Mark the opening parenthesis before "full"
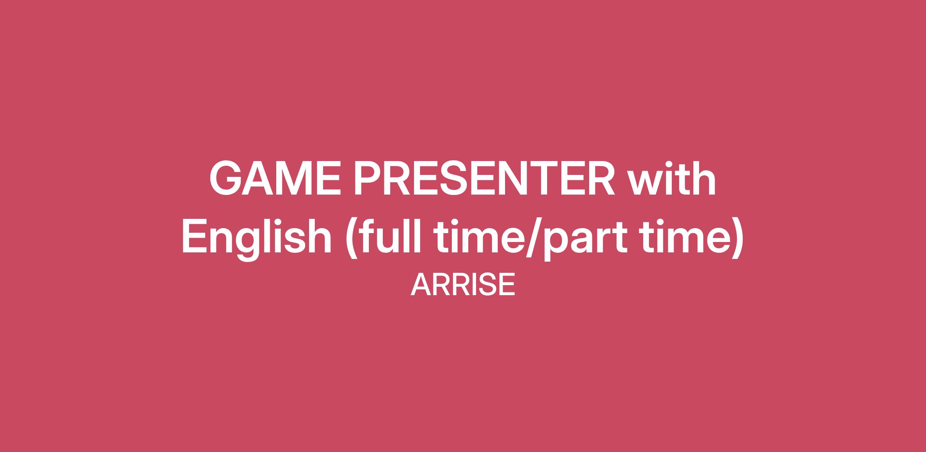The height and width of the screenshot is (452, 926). tap(352, 239)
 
